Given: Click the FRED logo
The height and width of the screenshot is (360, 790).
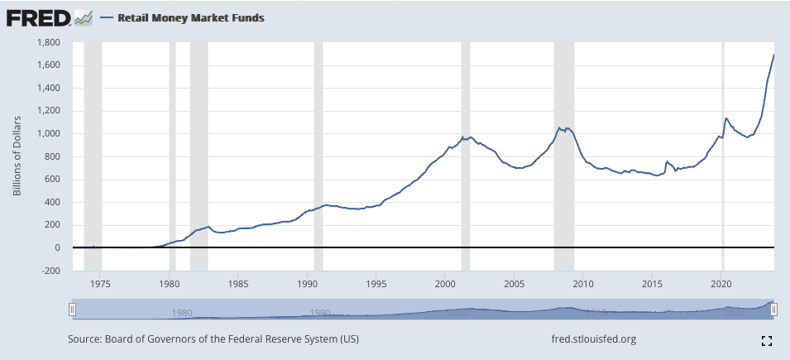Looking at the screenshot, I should click(x=37, y=17).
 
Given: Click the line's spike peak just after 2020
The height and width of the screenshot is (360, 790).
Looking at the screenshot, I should click(x=726, y=118).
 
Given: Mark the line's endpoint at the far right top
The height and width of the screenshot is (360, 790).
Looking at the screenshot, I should click(x=773, y=55).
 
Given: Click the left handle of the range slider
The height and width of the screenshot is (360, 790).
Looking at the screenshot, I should click(x=73, y=309).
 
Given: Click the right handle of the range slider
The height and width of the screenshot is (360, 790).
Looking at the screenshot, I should click(x=774, y=309).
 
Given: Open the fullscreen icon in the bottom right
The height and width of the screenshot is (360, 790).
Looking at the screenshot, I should click(x=766, y=340).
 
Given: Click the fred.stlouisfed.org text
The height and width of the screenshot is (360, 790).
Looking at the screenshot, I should click(x=593, y=339).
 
